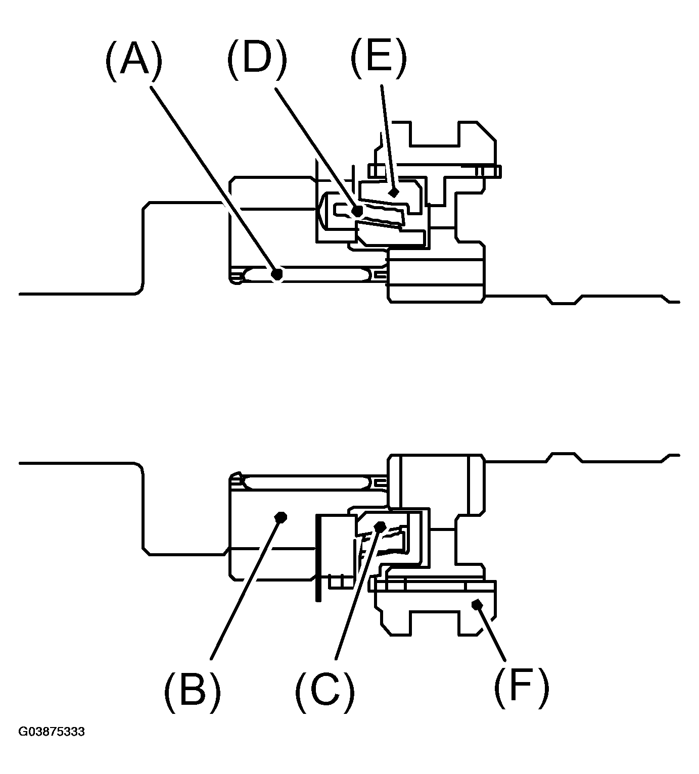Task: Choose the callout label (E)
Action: coord(379,57)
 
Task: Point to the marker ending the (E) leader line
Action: coord(394,192)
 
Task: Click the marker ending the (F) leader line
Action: coord(478,604)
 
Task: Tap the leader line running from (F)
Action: coord(492,633)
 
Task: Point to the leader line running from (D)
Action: coord(316,150)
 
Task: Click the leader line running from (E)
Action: coord(388,138)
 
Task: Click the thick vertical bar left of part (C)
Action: coord(318,558)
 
